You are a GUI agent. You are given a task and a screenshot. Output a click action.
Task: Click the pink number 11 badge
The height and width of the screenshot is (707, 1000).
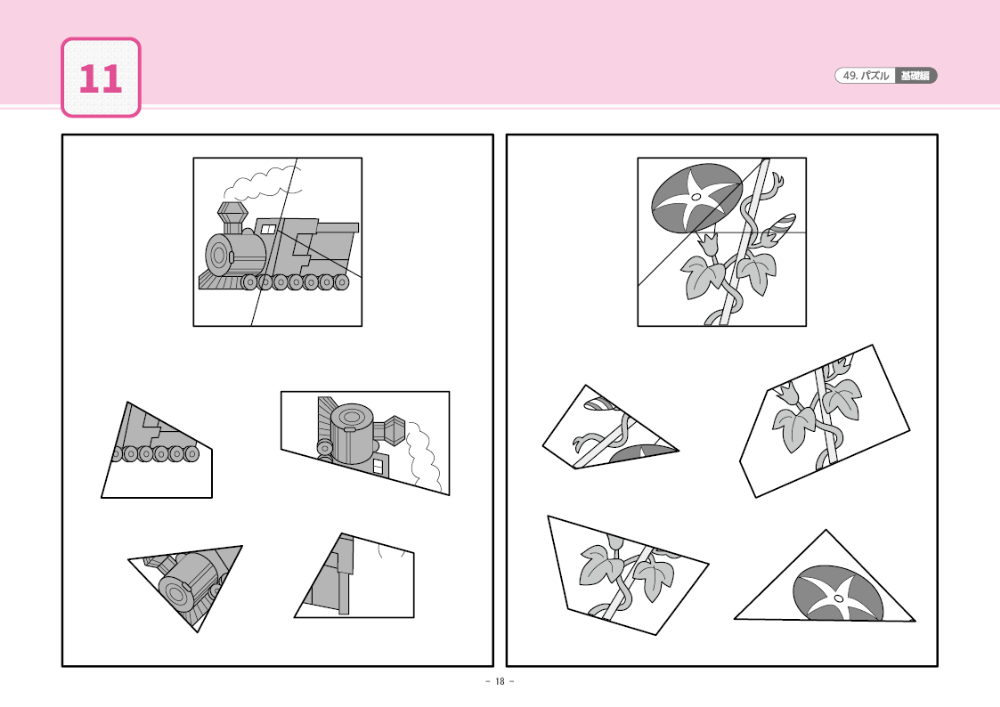coord(101,78)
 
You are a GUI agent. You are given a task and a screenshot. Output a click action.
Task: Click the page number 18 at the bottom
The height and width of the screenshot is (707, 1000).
coord(499,682)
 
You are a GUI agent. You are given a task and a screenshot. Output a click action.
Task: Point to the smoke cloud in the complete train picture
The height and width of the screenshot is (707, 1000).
coord(262,183)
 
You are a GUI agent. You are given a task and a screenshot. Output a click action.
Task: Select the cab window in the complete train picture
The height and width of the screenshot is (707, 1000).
coord(268,230)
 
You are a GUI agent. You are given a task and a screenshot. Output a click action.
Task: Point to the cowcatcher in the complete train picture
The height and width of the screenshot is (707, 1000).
coord(212,282)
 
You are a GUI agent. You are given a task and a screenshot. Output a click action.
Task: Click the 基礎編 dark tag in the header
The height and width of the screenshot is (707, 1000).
coord(915,76)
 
